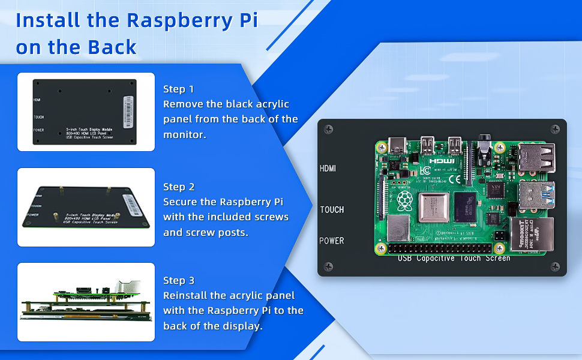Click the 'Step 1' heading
(x=179, y=89)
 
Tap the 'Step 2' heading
(x=179, y=187)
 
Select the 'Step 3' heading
(x=179, y=280)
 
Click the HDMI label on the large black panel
(x=328, y=169)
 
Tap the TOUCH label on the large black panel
(x=332, y=209)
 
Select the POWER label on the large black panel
(x=332, y=241)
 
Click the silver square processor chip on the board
(x=435, y=208)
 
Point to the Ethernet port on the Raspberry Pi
(x=531, y=234)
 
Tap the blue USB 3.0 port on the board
(x=535, y=194)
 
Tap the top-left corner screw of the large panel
(x=328, y=129)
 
